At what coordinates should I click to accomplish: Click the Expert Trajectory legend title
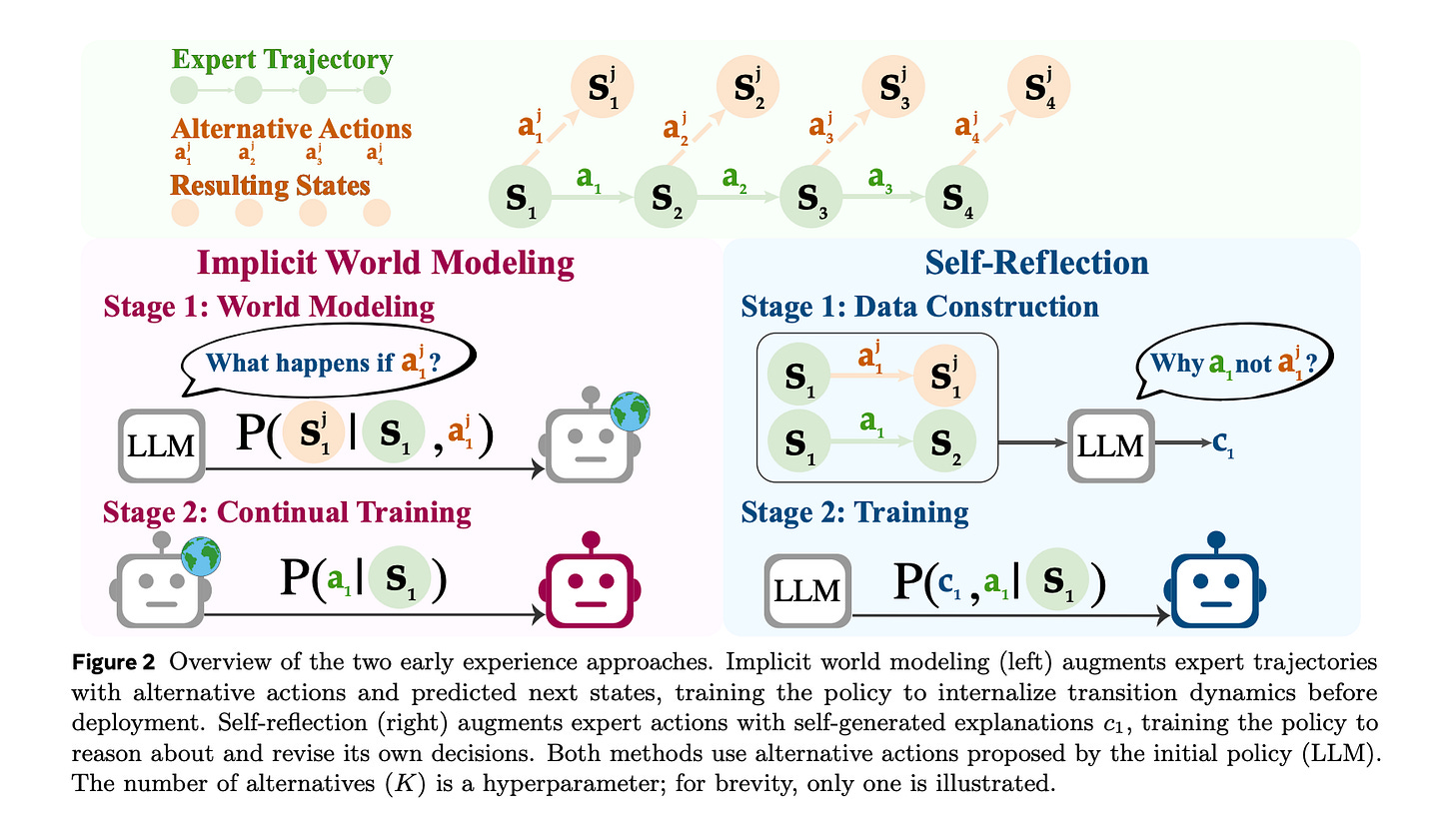click(282, 60)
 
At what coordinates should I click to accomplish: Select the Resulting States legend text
click(271, 186)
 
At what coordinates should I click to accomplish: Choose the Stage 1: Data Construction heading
click(919, 306)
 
